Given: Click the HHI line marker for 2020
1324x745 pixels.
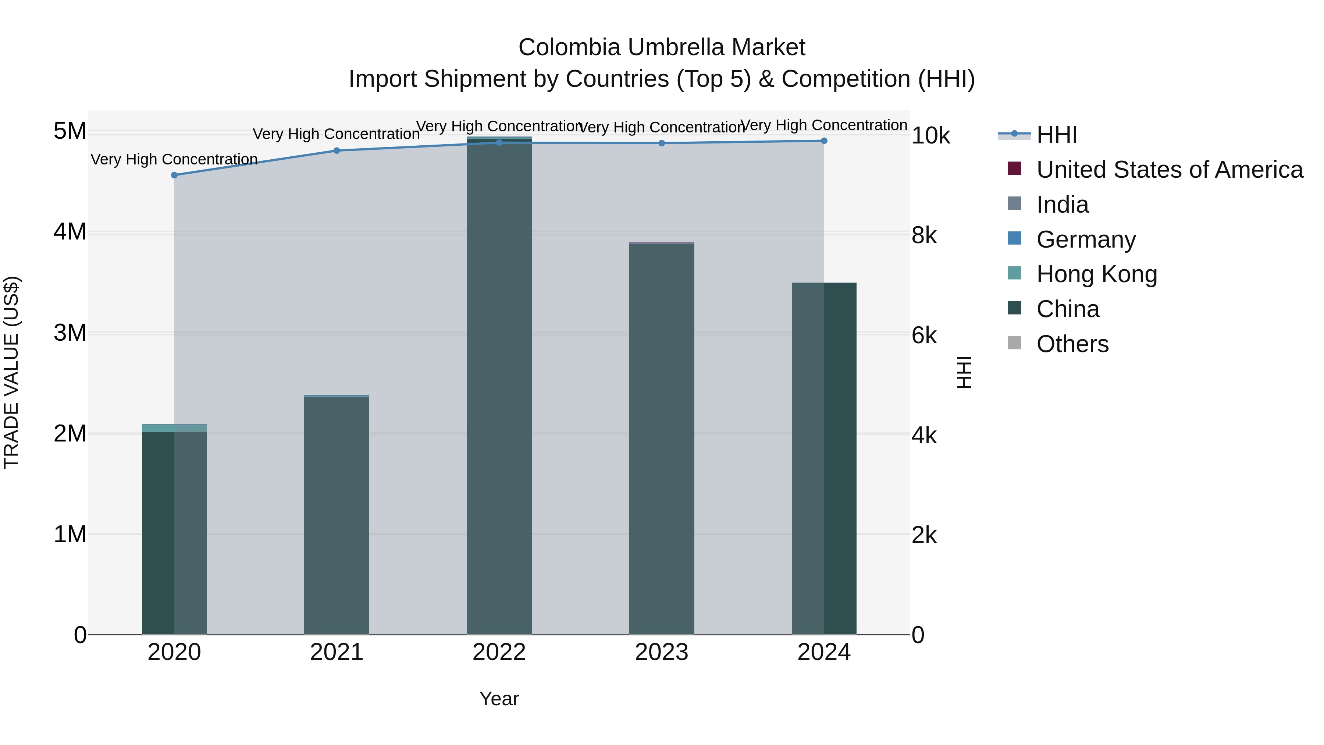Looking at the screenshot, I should (x=174, y=175).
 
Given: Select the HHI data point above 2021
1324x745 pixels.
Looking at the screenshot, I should (x=337, y=150).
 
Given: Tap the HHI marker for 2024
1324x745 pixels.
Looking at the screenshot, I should (x=824, y=141).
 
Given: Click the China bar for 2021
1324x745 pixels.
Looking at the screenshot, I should (x=337, y=514).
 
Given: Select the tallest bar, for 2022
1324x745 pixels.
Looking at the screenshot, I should (x=499, y=386).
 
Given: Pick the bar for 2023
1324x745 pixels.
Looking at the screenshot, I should (x=662, y=437).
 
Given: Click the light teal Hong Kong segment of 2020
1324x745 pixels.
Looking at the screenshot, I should (x=174, y=428).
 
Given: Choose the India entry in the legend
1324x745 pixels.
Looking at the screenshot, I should (x=1063, y=205).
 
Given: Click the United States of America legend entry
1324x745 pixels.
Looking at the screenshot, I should (x=1169, y=170).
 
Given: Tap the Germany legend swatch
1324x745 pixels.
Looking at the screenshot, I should (x=1015, y=238).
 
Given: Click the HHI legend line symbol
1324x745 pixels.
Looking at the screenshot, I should (x=1014, y=134).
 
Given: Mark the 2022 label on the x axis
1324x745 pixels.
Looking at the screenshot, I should (x=499, y=652).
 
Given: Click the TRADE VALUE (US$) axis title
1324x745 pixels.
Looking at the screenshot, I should (x=11, y=372).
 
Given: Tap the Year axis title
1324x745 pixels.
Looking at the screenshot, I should (x=499, y=699).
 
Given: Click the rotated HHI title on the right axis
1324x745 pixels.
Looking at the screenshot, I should (x=964, y=372).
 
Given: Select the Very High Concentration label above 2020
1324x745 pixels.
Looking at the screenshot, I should (x=174, y=159).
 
